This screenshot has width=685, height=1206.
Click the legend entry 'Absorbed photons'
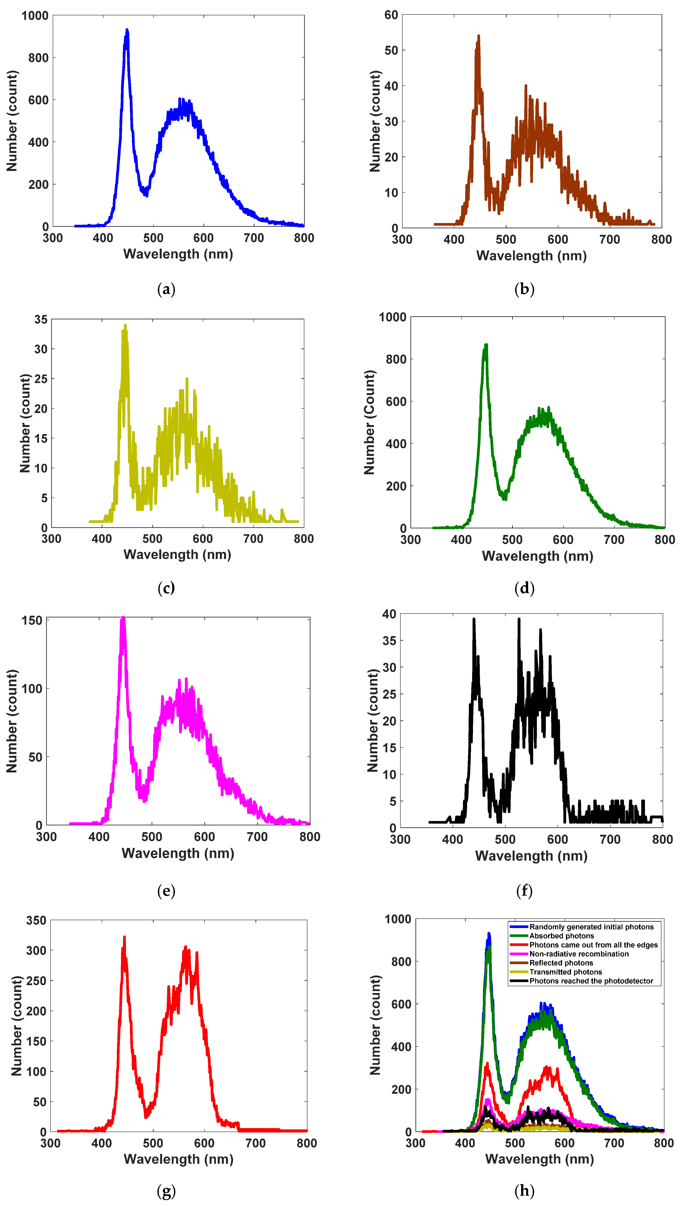(561, 936)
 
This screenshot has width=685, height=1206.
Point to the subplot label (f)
(524, 891)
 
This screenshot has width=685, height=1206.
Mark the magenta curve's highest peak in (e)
(123, 618)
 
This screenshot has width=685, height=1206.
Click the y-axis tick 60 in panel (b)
(391, 15)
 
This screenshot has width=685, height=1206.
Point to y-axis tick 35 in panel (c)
(41, 320)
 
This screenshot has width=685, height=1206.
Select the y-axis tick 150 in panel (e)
(32, 621)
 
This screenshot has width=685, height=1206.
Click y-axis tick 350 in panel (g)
(36, 920)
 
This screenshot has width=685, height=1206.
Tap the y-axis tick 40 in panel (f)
(389, 614)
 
